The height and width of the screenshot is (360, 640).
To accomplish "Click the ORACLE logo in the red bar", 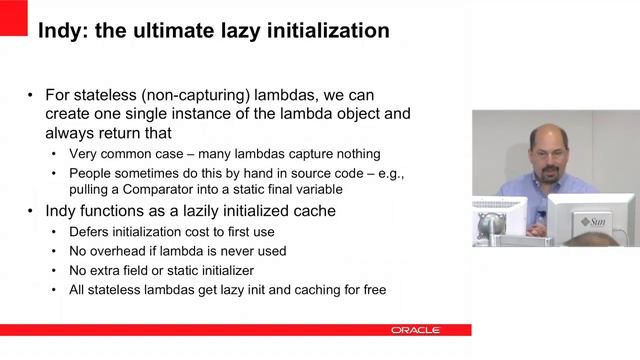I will pos(413,329).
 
